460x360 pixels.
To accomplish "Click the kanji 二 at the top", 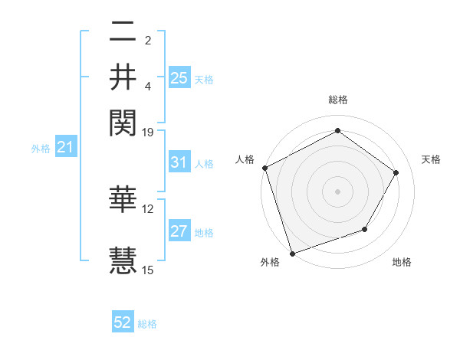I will [x=123, y=31].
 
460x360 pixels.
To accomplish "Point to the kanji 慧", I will [x=123, y=259].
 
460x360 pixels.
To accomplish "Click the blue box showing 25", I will [x=179, y=77].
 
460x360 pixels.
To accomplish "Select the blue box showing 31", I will [x=179, y=162].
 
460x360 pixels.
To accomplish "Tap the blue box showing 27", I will [x=179, y=232].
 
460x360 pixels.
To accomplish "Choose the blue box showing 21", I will [x=65, y=148].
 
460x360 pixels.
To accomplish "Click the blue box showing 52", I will [x=123, y=323].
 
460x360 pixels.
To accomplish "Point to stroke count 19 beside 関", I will [x=148, y=132].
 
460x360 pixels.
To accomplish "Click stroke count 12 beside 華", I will [x=148, y=208].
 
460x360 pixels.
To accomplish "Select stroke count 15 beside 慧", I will [x=148, y=270].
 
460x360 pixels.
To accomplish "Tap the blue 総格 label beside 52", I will [x=147, y=324].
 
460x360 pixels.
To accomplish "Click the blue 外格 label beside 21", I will [x=41, y=149].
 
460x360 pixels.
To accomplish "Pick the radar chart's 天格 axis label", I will [x=431, y=159].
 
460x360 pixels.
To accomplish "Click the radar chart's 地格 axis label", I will [x=402, y=263].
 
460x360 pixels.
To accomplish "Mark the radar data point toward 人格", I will [x=264, y=168].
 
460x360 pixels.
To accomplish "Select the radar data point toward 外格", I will [x=292, y=253].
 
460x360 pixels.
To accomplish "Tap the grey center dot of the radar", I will [x=337, y=191].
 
